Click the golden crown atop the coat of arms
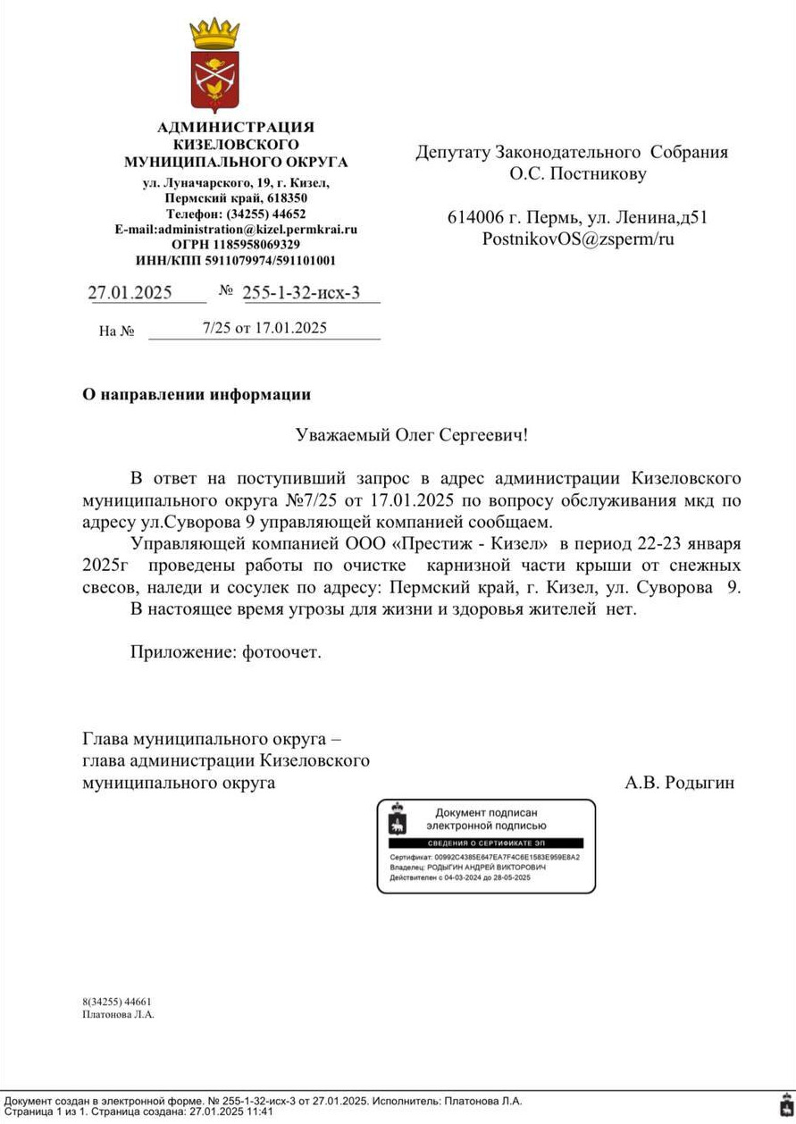coord(214,34)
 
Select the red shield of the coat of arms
coord(214,80)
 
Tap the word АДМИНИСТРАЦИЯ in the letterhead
coord(235,128)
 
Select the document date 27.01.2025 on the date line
coord(130,292)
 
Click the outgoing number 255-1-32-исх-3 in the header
coord(301,292)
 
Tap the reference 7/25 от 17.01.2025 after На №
coord(264,328)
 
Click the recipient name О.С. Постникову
coord(578,174)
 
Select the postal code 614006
coord(475,217)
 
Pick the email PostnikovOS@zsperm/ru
coord(578,239)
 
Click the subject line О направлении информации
coord(197,394)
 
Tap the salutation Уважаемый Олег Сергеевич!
coord(412,435)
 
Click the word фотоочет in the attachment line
coord(281,651)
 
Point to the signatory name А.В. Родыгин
coord(679,783)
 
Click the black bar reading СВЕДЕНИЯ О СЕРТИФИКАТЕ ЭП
coord(487,843)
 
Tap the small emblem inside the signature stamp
coord(397,821)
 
